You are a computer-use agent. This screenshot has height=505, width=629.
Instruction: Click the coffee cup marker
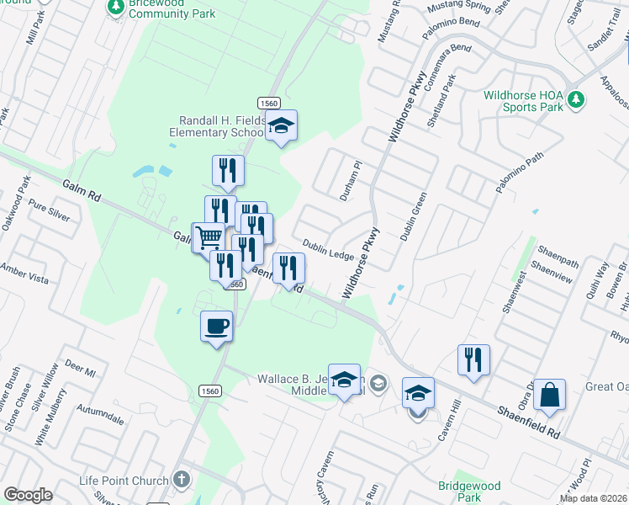pos(217,325)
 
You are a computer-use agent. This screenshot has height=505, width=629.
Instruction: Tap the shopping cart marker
pos(208,237)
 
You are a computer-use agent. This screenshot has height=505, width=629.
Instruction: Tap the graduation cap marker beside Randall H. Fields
pos(282,126)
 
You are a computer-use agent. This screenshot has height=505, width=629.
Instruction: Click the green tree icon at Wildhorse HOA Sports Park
pos(576,100)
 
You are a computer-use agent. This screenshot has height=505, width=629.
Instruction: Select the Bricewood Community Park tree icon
pos(115,8)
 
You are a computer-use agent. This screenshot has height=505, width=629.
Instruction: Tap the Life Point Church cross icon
pos(181,481)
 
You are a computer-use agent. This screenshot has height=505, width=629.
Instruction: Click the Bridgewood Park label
pos(470,492)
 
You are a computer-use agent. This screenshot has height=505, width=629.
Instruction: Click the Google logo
pos(28,495)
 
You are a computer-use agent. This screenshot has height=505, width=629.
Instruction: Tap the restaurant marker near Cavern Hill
pos(473,360)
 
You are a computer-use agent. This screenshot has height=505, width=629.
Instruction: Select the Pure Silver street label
pos(49,210)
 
